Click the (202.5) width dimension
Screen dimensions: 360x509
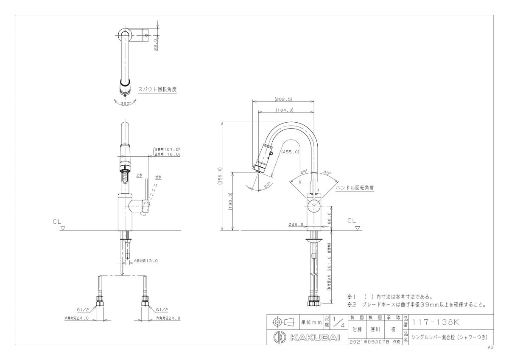coord(283,99)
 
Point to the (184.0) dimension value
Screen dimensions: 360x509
coord(285,110)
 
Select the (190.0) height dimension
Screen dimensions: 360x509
coord(230,201)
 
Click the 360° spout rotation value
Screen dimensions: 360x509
coord(126,104)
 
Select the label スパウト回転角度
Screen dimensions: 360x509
coord(157,90)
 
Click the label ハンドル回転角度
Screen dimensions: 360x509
coord(355,187)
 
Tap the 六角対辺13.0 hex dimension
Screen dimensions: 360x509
coord(146,261)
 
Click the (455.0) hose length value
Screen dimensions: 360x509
coord(291,152)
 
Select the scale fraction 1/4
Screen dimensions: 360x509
coord(339,322)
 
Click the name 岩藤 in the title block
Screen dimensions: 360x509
coord(357,329)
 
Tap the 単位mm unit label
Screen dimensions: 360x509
coord(311,322)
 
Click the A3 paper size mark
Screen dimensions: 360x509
coord(490,347)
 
